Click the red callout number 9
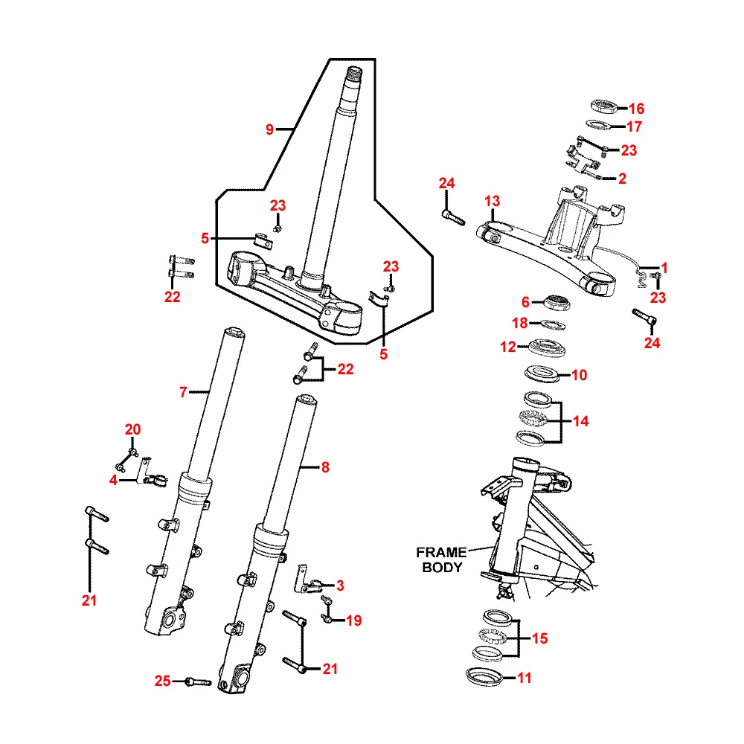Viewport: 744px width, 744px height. coord(269,129)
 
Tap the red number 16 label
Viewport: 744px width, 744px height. coord(636,109)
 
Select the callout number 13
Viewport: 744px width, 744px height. coord(493,201)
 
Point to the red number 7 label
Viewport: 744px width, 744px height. coord(183,392)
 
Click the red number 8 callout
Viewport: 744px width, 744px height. coord(325,467)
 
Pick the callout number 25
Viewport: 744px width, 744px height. coord(162,681)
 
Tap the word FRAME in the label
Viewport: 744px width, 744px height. coord(441,552)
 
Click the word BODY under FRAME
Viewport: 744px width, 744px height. coord(442,567)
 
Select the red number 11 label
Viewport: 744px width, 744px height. coord(524,678)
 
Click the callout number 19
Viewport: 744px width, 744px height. coord(353,620)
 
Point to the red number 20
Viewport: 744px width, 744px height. coord(133,429)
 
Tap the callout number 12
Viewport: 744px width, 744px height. coord(507,347)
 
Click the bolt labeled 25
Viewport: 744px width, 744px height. coord(197,682)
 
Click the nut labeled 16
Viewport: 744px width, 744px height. coord(604,107)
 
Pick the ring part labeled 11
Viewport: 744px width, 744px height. coord(484,677)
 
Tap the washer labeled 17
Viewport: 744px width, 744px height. coord(598,125)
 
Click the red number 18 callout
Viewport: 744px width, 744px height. coord(520,323)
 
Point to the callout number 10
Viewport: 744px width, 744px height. coord(579,375)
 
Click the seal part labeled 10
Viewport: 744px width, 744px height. coord(542,373)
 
